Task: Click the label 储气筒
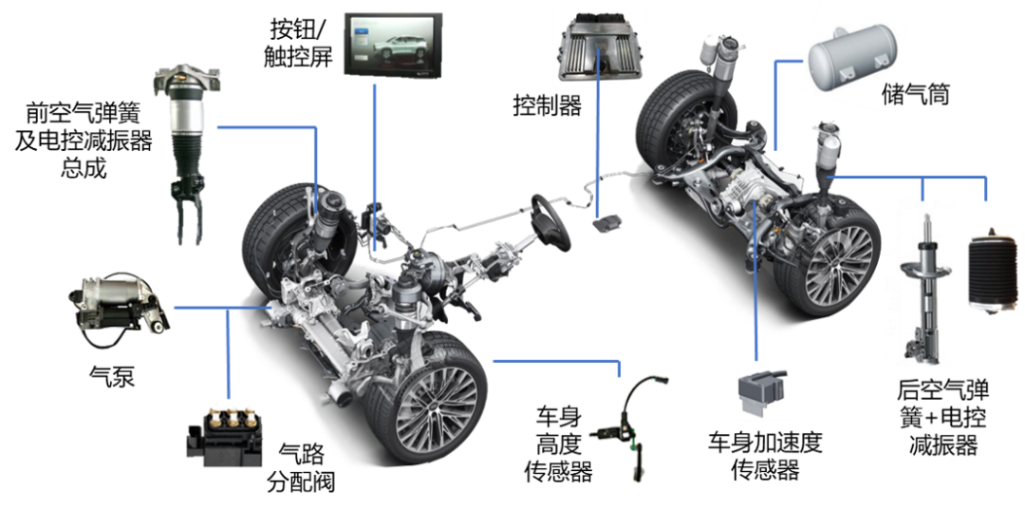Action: click(x=915, y=96)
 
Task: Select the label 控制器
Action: click(x=548, y=105)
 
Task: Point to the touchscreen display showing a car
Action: click(x=393, y=47)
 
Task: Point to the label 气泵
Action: click(x=112, y=377)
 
